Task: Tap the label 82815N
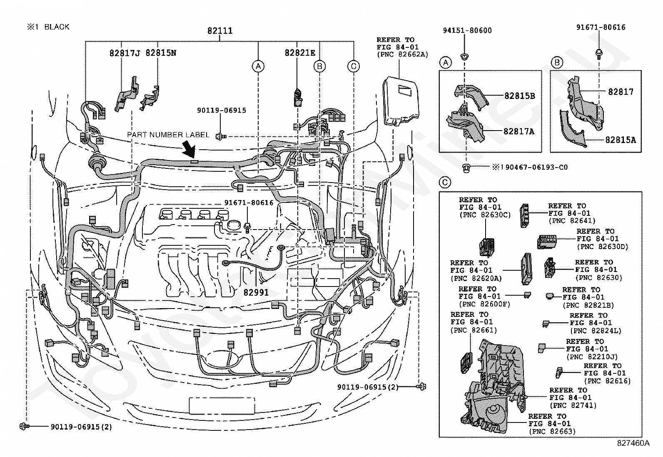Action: pos(161,53)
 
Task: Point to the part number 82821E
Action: pos(300,53)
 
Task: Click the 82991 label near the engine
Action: pos(256,293)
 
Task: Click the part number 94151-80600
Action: pos(467,30)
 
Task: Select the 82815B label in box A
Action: pos(519,96)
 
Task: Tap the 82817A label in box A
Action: pos(518,132)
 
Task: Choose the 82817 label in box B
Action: pos(621,91)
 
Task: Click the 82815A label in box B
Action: pos(621,140)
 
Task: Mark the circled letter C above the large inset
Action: pos(445,182)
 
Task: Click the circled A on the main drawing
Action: pos(258,66)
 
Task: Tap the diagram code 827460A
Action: pos(633,443)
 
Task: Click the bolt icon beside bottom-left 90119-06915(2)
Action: pos(24,426)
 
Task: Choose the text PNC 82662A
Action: pos(402,54)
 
